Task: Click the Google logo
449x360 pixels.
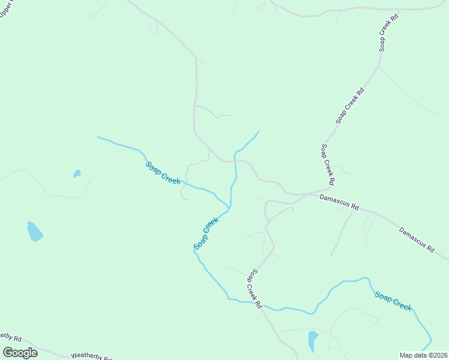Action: point(20,353)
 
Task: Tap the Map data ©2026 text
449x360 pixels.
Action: point(423,355)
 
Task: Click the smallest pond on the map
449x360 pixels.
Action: point(77,174)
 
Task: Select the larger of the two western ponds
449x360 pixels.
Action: point(35,231)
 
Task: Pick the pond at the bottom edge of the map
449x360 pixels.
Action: point(312,341)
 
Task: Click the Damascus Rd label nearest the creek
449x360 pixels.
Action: point(339,202)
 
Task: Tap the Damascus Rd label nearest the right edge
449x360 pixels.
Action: point(417,239)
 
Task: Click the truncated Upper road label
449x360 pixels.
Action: point(5,8)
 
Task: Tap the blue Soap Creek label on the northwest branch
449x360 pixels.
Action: point(163,173)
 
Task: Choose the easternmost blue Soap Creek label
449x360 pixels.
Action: point(394,300)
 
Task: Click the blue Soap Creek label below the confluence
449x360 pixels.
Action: point(206,234)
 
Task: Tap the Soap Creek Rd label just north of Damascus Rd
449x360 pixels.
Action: point(328,164)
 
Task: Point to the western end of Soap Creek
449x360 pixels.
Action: point(98,137)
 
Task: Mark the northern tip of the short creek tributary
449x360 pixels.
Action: point(259,131)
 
